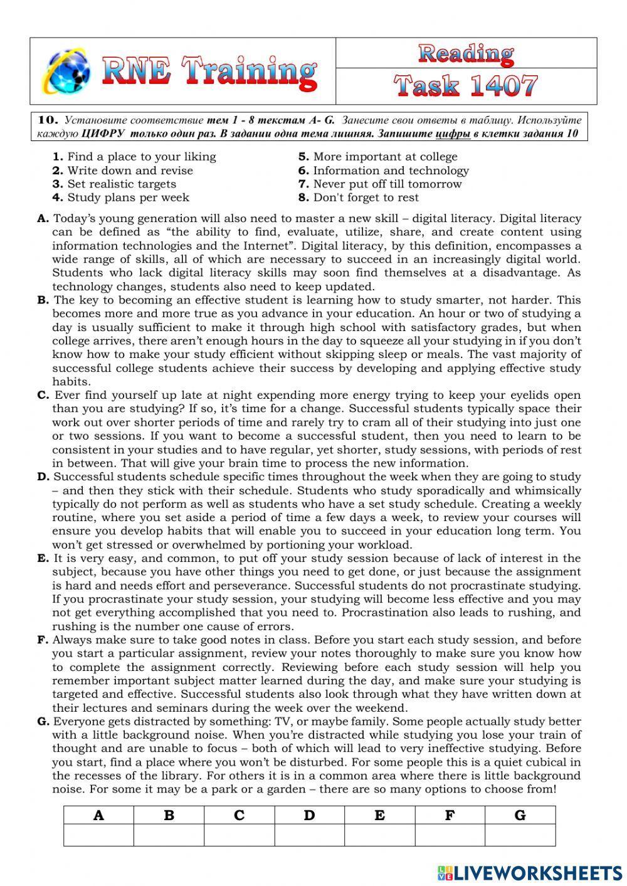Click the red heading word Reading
466,54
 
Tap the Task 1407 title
466,86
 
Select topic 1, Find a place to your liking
134,157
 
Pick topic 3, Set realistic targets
114,184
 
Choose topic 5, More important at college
377,157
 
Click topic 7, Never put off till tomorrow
380,184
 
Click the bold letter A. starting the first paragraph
43,219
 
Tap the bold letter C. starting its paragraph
43,395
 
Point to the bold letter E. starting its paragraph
43,558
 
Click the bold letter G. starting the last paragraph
43,722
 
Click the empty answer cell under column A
98,835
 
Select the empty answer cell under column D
309,835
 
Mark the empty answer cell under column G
520,835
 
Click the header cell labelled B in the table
169,815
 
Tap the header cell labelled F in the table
450,815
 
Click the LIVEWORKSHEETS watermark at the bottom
530,872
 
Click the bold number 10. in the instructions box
48,120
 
